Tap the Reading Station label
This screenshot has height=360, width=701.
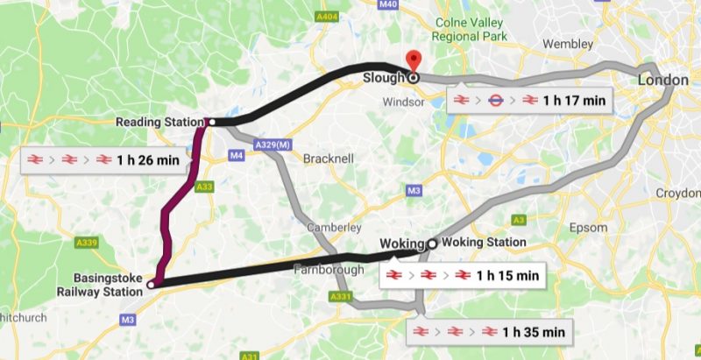[x=159, y=123]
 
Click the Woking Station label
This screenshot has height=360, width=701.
[x=484, y=243]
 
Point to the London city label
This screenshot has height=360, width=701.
[x=663, y=80]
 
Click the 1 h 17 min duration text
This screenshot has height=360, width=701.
[x=573, y=101]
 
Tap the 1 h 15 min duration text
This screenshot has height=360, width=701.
[x=506, y=276]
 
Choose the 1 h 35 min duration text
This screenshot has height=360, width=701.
[x=533, y=332]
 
